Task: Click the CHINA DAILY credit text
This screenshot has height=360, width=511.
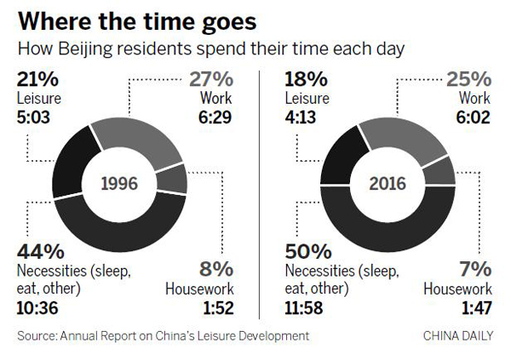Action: coord(457,337)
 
